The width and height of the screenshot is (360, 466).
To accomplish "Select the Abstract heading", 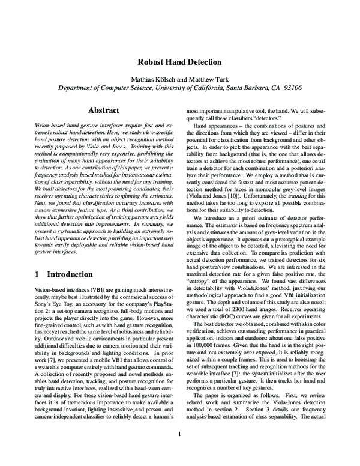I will [x=104, y=110].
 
